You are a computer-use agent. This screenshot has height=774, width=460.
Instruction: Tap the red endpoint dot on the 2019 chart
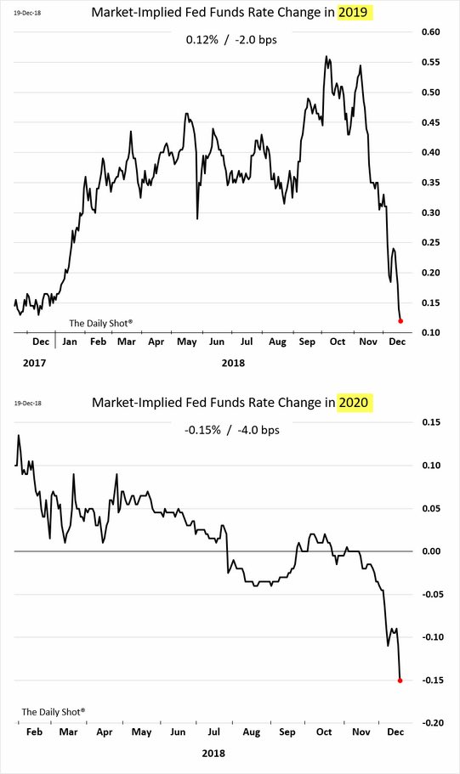click(400, 321)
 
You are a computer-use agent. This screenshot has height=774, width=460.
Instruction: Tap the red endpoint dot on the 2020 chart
click(400, 681)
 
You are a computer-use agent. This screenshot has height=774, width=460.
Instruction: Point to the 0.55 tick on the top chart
click(429, 63)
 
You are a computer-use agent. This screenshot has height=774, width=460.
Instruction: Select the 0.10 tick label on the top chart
click(429, 333)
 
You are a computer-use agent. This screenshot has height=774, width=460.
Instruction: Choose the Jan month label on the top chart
click(70, 342)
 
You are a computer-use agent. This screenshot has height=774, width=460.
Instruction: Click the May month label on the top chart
click(186, 342)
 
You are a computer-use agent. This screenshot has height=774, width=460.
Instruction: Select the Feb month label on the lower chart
click(34, 733)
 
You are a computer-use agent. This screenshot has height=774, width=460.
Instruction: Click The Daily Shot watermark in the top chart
click(101, 323)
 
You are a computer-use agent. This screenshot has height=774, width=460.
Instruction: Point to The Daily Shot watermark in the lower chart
click(54, 711)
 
